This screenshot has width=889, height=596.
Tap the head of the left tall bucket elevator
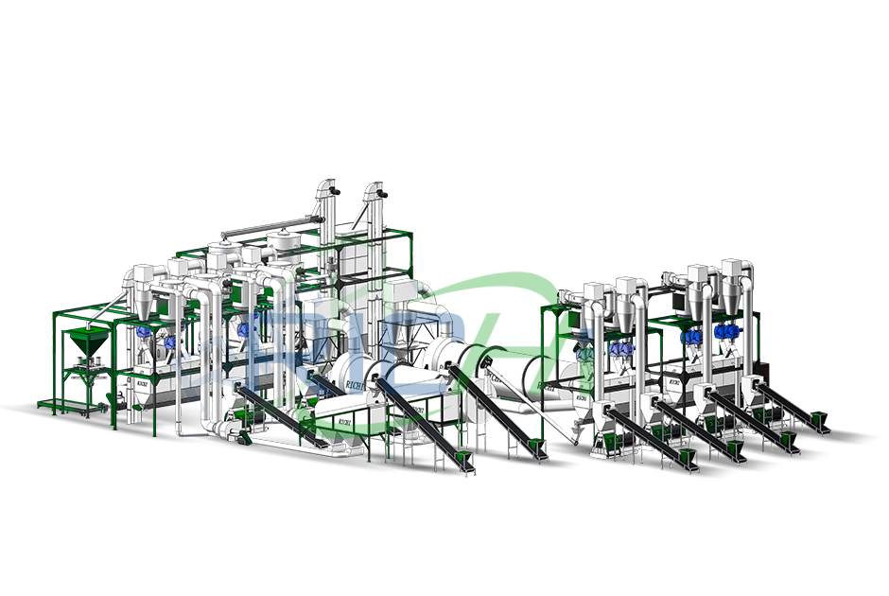coord(328,189)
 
